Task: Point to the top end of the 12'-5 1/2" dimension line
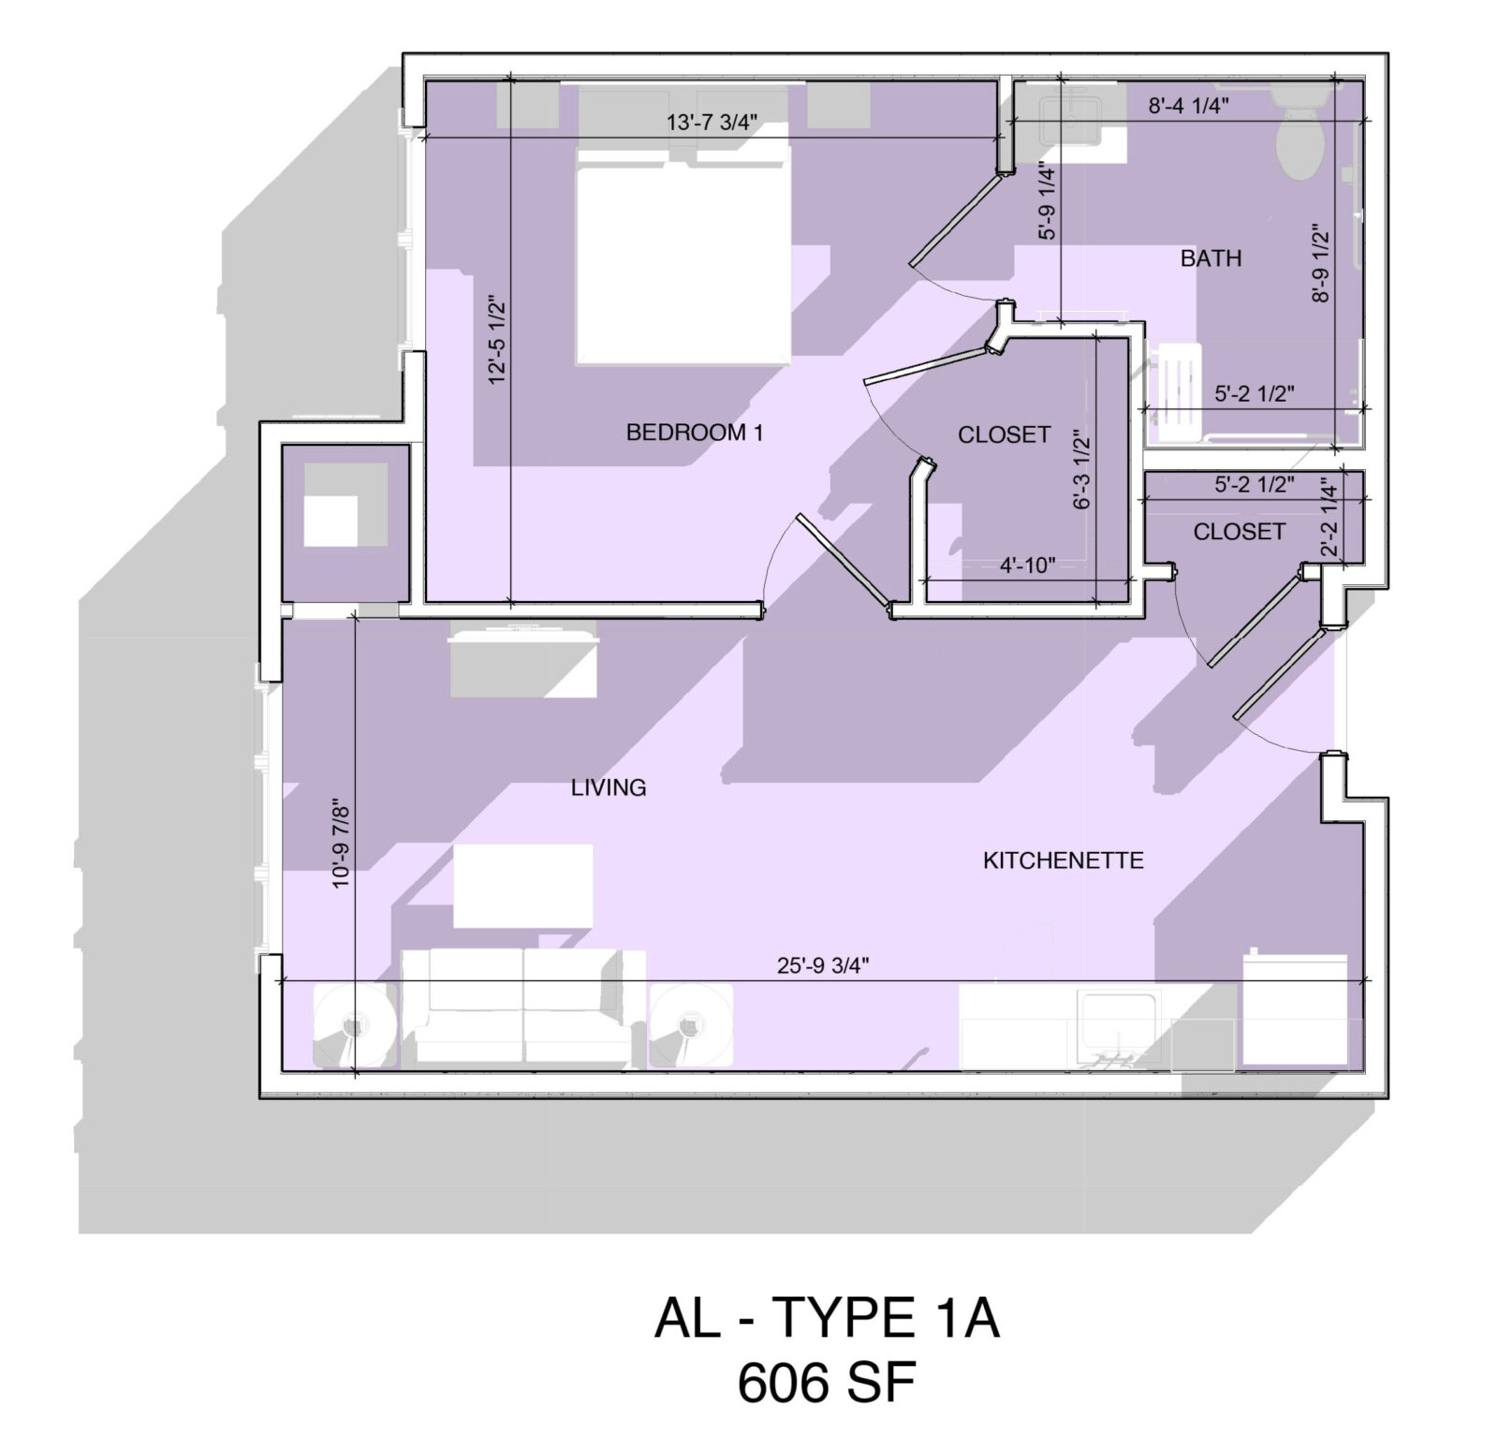[x=510, y=80]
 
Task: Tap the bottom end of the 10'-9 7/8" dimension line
[x=356, y=1070]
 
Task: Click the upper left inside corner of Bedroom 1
[x=427, y=82]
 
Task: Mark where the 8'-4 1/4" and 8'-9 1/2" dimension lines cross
[x=1335, y=121]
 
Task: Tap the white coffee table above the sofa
[x=523, y=886]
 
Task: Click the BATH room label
[x=1211, y=258]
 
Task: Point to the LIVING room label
[x=609, y=787]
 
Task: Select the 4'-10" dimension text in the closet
[x=1028, y=565]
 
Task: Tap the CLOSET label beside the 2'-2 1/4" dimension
[x=1239, y=532]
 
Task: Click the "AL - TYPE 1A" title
[x=827, y=1318]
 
